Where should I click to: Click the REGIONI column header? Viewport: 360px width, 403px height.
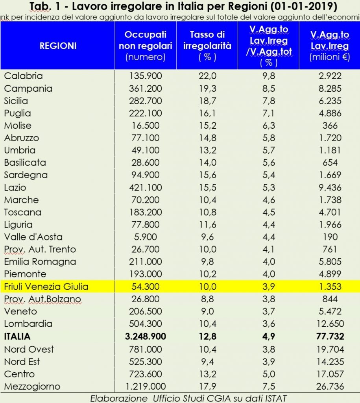click(58, 46)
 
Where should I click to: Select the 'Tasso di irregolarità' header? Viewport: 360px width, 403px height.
click(207, 46)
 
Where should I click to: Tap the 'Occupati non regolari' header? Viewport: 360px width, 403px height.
click(146, 46)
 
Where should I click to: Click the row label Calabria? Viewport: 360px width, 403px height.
click(23, 76)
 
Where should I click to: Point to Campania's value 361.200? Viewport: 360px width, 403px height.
click(146, 89)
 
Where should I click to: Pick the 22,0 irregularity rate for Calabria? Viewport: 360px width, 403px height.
click(207, 76)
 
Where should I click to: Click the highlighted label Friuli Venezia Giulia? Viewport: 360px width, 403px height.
click(46, 287)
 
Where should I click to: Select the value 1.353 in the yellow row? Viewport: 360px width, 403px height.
click(329, 287)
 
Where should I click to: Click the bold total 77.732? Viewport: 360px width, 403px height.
click(329, 336)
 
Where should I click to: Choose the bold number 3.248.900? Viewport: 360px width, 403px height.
click(146, 336)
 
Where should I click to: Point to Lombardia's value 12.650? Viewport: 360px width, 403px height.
click(329, 324)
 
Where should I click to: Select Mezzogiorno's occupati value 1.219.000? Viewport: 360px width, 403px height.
click(146, 386)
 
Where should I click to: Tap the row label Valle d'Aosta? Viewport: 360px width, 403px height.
click(33, 237)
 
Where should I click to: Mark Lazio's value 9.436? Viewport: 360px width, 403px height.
click(329, 188)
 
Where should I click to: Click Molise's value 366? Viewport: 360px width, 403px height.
click(329, 126)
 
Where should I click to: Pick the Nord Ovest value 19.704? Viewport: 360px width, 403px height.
click(329, 349)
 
